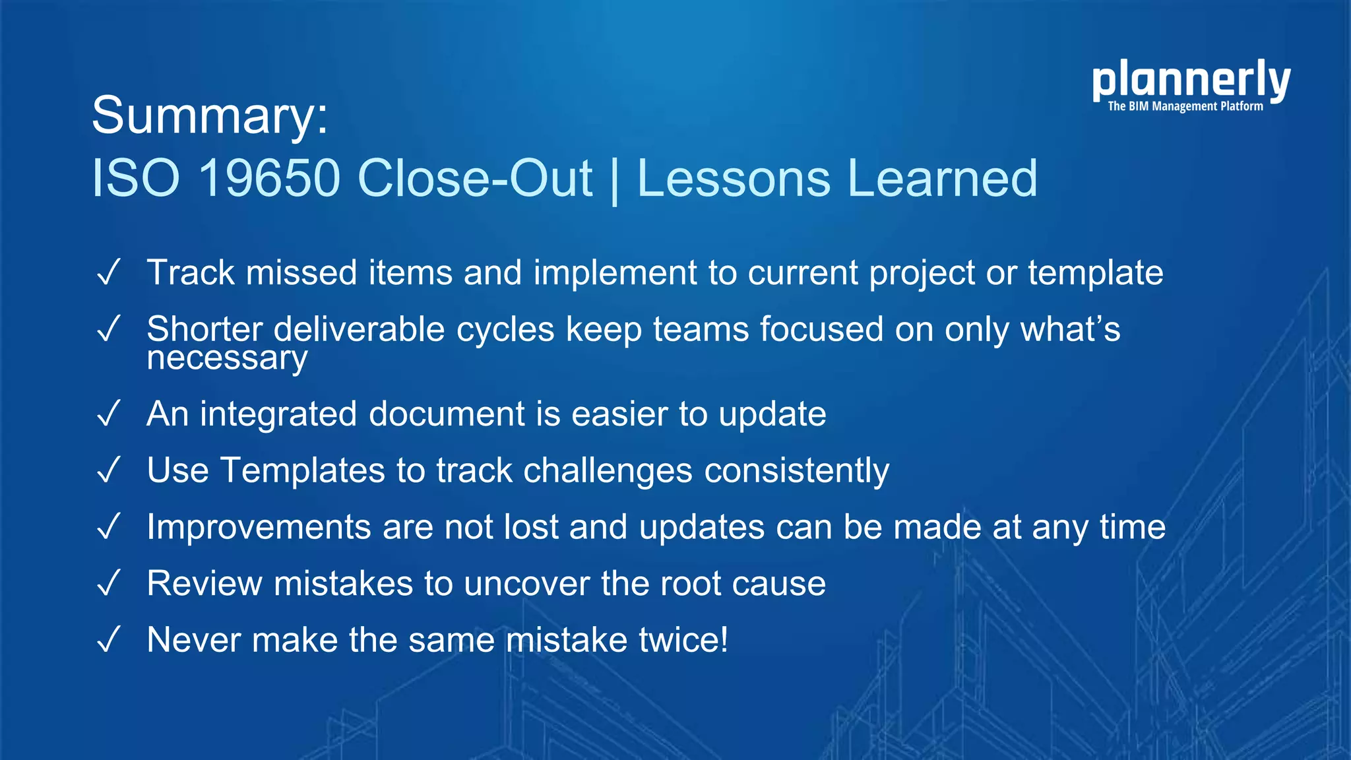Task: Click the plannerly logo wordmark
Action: click(x=1191, y=80)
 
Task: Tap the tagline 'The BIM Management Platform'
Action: click(x=1185, y=106)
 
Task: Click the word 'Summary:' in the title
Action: click(x=210, y=115)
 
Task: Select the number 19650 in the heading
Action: click(x=269, y=178)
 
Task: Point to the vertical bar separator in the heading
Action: click(x=615, y=179)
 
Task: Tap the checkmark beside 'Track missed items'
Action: click(x=108, y=272)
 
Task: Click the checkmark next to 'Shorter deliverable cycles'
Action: click(x=108, y=329)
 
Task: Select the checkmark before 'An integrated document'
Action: click(x=108, y=414)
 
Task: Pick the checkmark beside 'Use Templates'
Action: click(x=108, y=470)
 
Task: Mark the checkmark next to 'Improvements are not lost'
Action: click(x=108, y=527)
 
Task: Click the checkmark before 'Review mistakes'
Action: click(x=108, y=583)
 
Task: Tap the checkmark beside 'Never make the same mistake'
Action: click(x=108, y=640)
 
